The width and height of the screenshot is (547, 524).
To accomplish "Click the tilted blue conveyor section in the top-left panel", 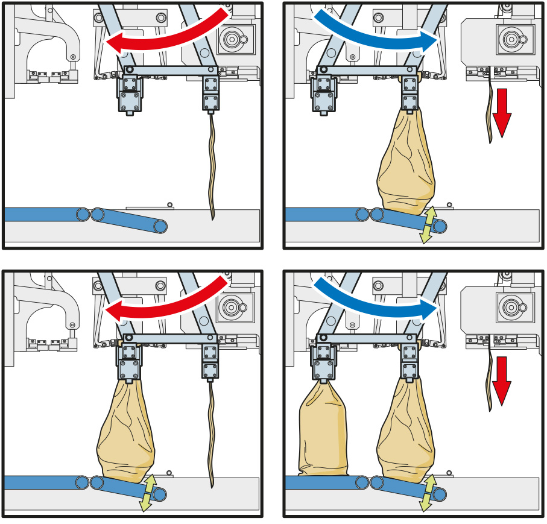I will [130, 219].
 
